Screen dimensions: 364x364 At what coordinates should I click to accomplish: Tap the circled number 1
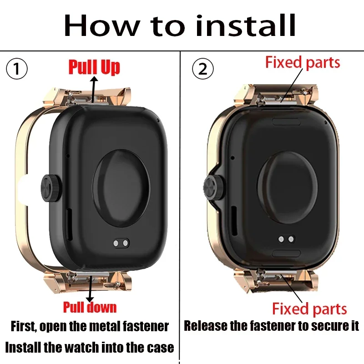point(17,69)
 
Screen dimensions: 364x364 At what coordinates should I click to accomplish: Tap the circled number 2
point(202,69)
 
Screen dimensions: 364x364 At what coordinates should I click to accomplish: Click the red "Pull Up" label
point(94,67)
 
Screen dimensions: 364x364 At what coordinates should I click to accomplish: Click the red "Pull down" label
point(90,307)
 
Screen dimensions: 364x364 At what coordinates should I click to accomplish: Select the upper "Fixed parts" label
point(303,62)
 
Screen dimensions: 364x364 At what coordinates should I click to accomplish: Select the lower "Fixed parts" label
point(309,309)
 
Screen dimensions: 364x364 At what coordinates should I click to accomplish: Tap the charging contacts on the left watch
point(121,243)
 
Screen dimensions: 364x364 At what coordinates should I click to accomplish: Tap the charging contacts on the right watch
point(285,239)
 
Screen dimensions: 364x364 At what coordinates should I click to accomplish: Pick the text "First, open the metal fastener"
point(90,326)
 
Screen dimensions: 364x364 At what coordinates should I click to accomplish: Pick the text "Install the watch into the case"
point(90,348)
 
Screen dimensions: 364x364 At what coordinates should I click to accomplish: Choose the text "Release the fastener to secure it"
point(272,326)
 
